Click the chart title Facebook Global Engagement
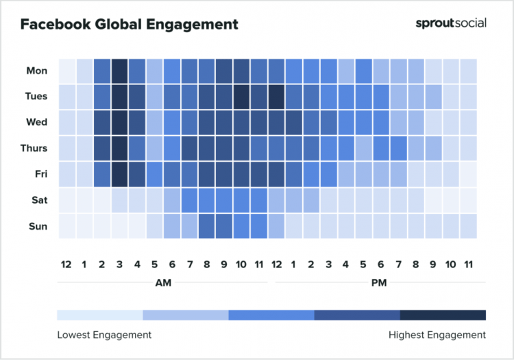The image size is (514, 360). [129, 25]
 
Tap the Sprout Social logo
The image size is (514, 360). [451, 23]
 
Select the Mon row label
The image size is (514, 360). [36, 71]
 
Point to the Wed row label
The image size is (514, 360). [36, 122]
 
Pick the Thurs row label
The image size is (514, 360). [34, 148]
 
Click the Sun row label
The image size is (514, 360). [38, 226]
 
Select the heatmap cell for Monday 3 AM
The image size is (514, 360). [119, 71]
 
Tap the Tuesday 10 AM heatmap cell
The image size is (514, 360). [241, 97]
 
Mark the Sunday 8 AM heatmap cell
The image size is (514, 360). [206, 226]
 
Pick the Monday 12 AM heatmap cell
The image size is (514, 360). [67, 71]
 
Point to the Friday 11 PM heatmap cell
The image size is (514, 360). [468, 174]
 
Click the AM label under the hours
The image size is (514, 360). [162, 282]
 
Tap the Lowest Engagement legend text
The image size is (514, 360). [104, 335]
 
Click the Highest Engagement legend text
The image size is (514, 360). [436, 335]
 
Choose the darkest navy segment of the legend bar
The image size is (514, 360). [443, 315]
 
